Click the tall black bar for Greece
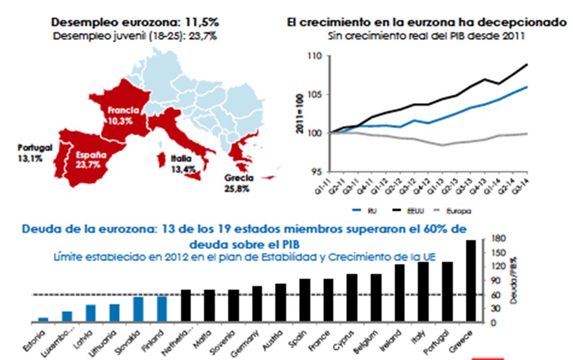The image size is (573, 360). tap(471, 280)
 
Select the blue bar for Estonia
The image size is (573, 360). tap(43, 318)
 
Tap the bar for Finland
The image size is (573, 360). tap(162, 308)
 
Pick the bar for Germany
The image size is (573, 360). tap(257, 303)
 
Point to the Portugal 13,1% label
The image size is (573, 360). tap(35, 152)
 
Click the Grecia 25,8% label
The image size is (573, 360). tap(239, 183)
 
